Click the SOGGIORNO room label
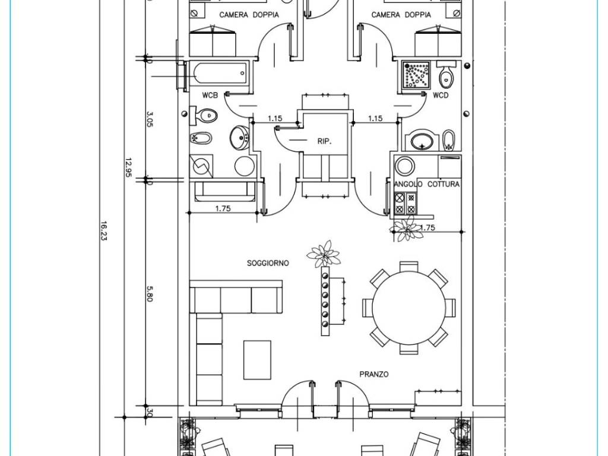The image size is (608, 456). coord(268,263)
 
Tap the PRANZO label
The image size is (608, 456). coord(374,374)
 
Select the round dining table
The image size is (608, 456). coord(409,308)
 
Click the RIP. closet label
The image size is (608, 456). coord(324,141)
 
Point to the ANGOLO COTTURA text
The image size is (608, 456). coord(427,184)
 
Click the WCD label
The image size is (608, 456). coord(440,96)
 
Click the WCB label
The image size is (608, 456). coord(210,96)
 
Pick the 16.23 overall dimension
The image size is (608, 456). coord(103,231)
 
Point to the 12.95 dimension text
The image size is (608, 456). coord(128,167)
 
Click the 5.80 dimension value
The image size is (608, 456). coord(150,294)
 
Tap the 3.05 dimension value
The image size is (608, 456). coord(150,119)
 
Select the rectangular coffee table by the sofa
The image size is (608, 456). coord(257,360)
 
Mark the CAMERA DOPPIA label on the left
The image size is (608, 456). coord(249,15)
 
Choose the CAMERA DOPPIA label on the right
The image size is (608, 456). coord(401,15)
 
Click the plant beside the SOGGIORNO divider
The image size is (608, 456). coord(324,254)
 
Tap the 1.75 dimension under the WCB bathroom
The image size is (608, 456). coord(223,208)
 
